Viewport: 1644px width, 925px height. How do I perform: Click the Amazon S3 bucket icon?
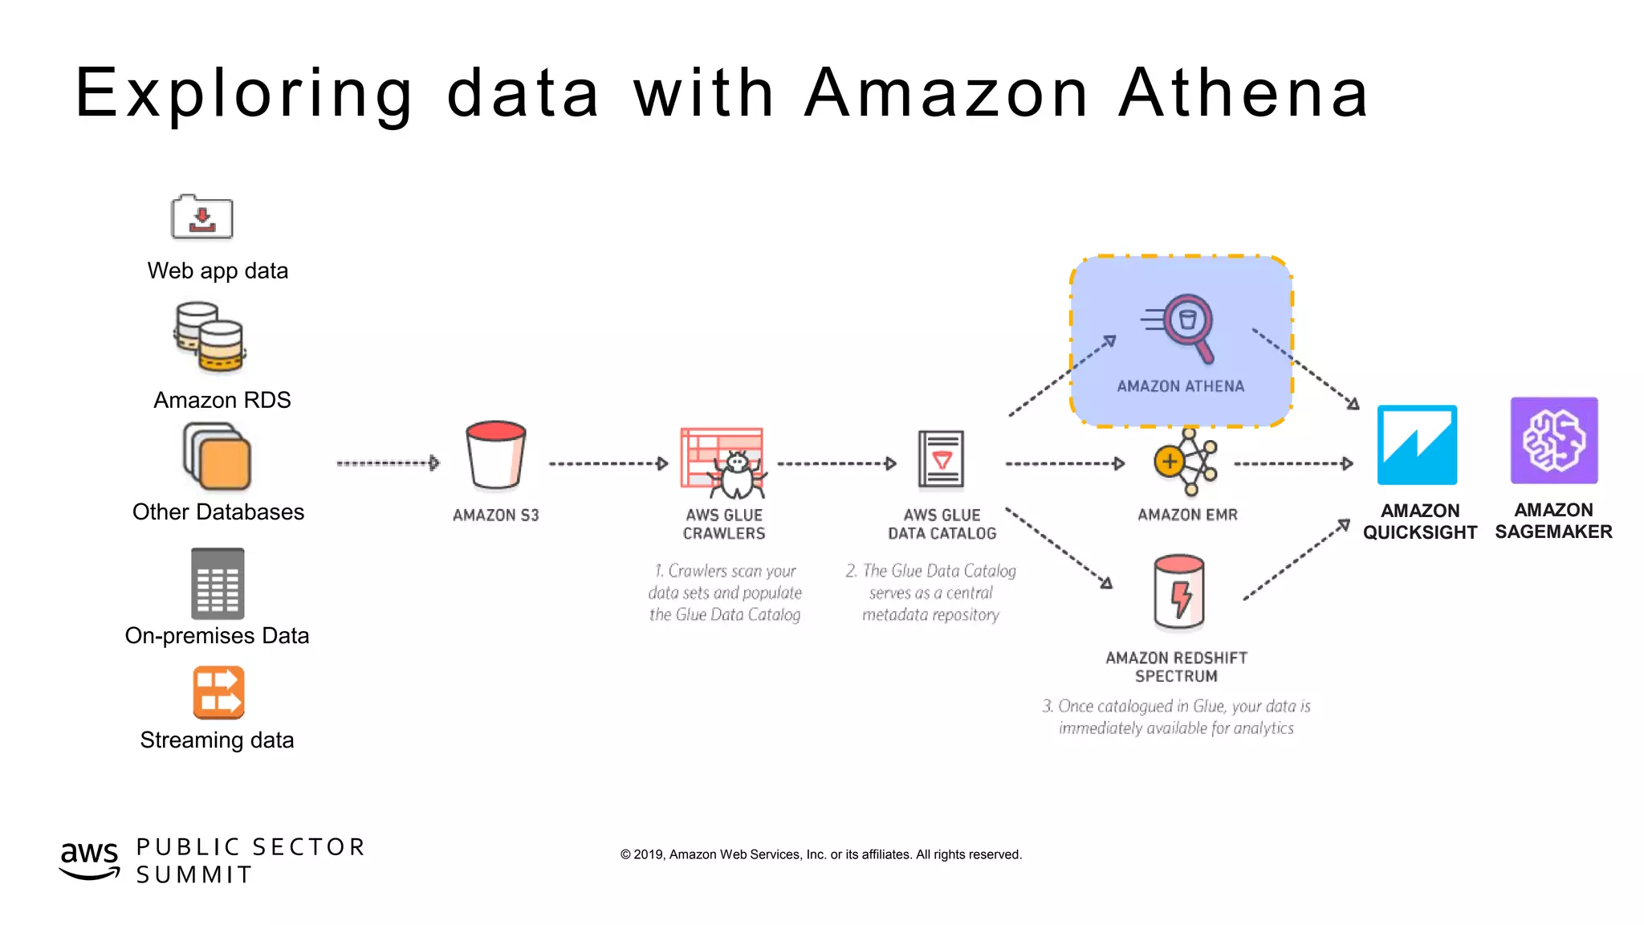pyautogui.click(x=495, y=454)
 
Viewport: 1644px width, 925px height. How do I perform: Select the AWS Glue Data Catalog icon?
pyautogui.click(x=941, y=459)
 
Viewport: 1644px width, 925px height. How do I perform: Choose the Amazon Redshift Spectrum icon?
pyautogui.click(x=1178, y=593)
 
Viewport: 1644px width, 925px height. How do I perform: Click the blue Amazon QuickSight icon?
pyautogui.click(x=1417, y=445)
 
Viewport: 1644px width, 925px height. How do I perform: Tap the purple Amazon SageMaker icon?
pyautogui.click(x=1554, y=440)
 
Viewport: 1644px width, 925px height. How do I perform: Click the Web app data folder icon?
pyautogui.click(x=201, y=218)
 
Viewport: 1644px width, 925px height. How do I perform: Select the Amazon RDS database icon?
pyautogui.click(x=210, y=337)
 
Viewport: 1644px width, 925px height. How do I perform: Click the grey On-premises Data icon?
pyautogui.click(x=218, y=584)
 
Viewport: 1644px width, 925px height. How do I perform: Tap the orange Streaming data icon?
pyautogui.click(x=218, y=692)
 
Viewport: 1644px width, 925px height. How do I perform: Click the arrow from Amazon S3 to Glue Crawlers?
pyautogui.click(x=608, y=463)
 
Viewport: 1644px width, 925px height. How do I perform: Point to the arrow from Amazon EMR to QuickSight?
pyautogui.click(x=1293, y=463)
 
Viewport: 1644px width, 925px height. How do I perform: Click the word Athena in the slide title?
pyautogui.click(x=1243, y=93)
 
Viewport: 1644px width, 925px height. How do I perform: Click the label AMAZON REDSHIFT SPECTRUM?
pyautogui.click(x=1176, y=667)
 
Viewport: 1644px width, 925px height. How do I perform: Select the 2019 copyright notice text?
pyautogui.click(x=821, y=854)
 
